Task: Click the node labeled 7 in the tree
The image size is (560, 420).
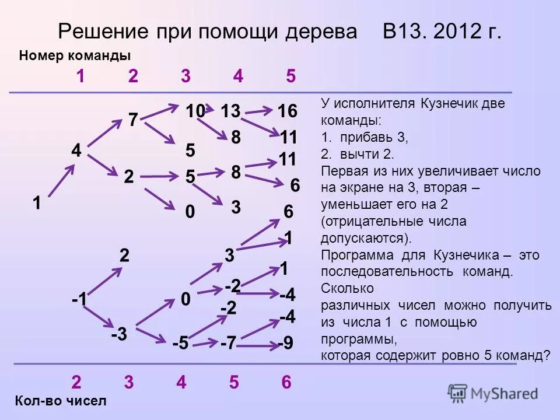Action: pos(133,120)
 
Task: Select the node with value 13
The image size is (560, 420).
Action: pos(232,110)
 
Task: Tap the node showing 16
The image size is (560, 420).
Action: pos(287,110)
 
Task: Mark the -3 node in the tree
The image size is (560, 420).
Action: pos(119,335)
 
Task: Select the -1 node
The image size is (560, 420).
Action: pos(80,299)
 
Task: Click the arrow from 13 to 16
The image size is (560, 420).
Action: pos(259,110)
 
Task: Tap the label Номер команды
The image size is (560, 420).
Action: pos(75,55)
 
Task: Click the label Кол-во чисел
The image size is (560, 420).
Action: pos(61,401)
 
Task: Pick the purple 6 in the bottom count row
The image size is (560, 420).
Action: pos(286,382)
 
